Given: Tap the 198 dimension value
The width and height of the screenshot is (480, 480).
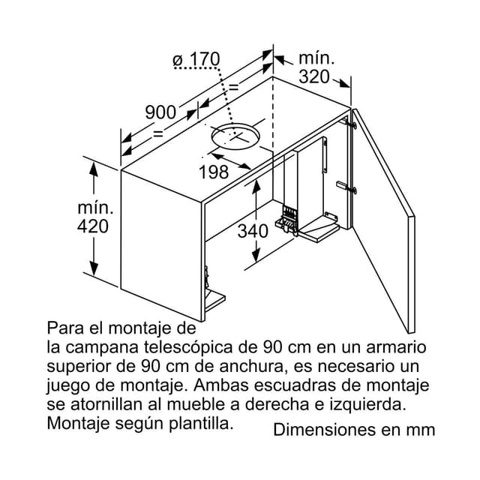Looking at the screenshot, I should [213, 172].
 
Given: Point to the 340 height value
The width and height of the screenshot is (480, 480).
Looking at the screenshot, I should [253, 231].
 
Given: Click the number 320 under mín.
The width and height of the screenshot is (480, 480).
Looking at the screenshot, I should [314, 76].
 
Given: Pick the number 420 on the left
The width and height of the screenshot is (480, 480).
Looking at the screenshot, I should [93, 226].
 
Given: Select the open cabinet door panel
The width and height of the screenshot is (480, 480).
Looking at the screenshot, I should [382, 221].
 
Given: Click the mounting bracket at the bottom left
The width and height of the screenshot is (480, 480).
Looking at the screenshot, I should [213, 299].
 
